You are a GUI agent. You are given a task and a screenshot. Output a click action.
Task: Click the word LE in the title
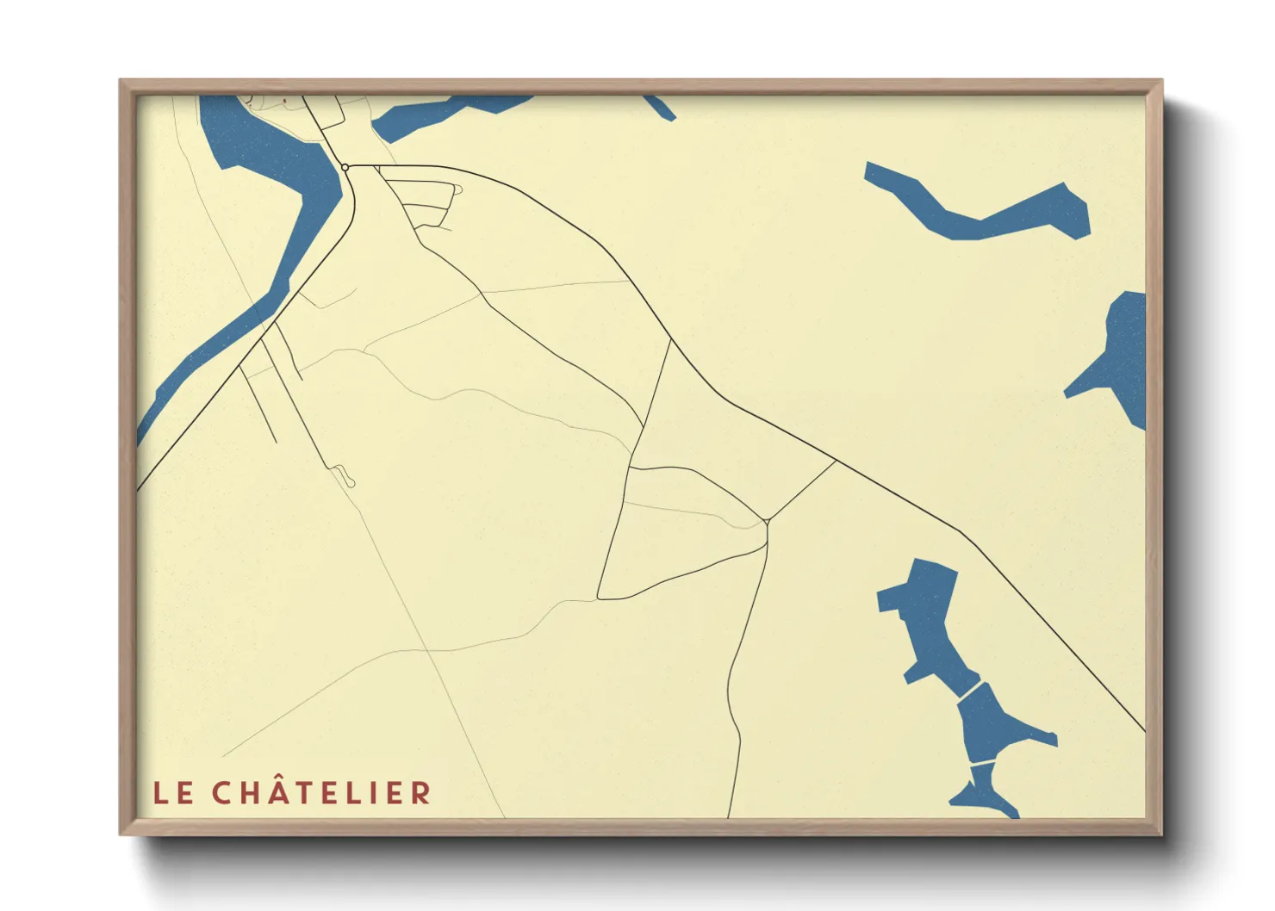tap(173, 793)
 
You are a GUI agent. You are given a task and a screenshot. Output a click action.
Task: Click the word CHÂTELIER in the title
tap(321, 793)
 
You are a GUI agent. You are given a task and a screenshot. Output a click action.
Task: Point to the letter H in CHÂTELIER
tap(248, 793)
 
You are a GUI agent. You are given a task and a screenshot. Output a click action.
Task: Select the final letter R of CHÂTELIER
tap(420, 793)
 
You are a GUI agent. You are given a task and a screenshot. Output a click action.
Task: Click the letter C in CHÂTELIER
tap(221, 793)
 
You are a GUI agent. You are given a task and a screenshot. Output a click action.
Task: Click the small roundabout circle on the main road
tap(345, 167)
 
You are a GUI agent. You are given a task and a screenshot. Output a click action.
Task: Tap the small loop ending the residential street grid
tap(457, 189)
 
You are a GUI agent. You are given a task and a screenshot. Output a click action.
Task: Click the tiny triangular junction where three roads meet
tap(766, 521)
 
